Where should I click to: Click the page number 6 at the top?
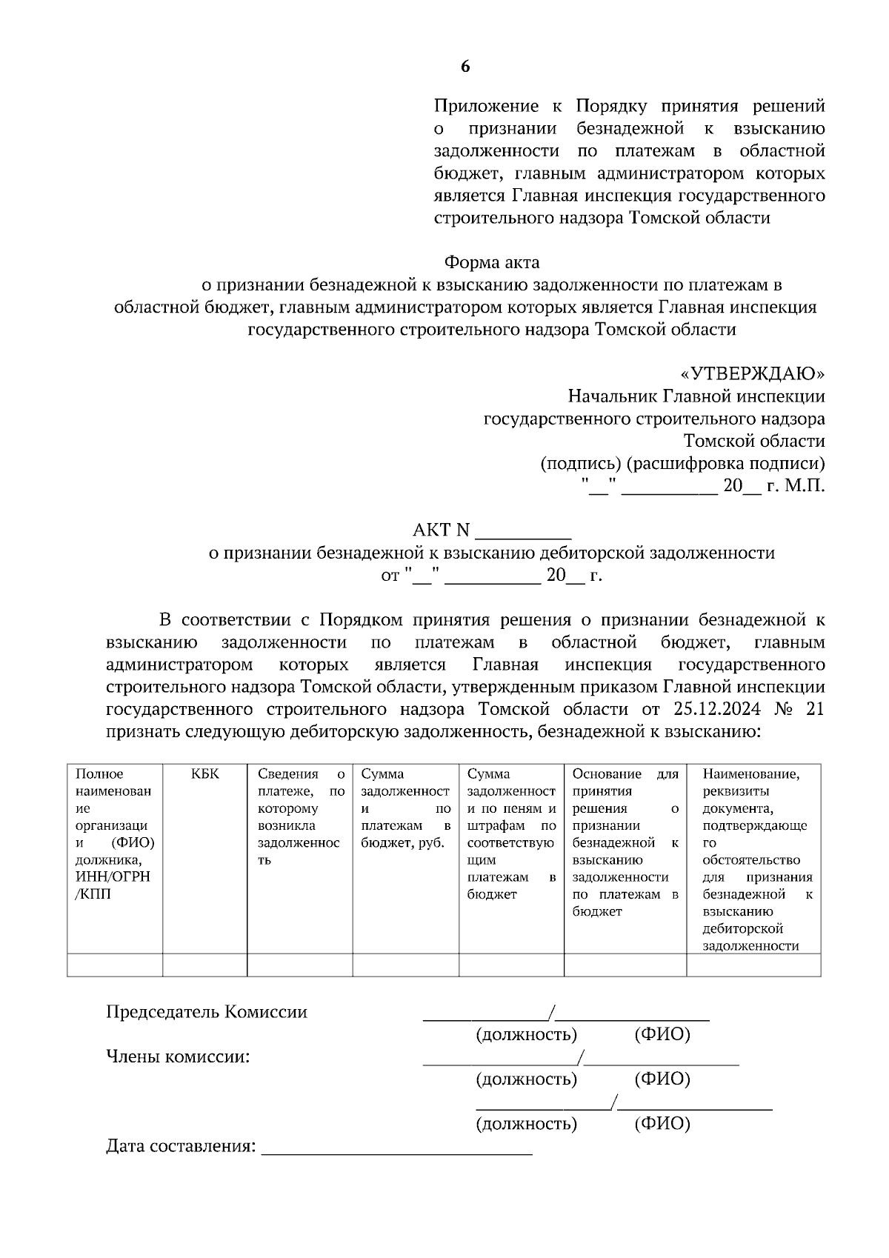tap(465, 67)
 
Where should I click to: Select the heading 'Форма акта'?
tap(491, 262)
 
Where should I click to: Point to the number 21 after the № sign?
tap(813, 709)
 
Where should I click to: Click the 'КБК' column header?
tap(204, 774)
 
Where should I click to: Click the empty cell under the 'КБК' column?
tap(204, 965)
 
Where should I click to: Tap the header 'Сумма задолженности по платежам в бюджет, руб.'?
tap(405, 808)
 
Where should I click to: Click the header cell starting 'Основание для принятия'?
tap(625, 842)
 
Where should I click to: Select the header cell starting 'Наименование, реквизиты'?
tap(753, 859)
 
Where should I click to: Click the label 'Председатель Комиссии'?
tap(206, 1012)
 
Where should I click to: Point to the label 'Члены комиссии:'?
tap(178, 1057)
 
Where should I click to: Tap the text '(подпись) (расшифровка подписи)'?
tap(682, 465)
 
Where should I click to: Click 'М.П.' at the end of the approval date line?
tap(805, 487)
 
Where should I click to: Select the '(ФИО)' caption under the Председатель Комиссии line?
tap(662, 1035)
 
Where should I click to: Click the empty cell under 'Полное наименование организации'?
tap(115, 965)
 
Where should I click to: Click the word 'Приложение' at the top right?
tap(487, 107)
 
